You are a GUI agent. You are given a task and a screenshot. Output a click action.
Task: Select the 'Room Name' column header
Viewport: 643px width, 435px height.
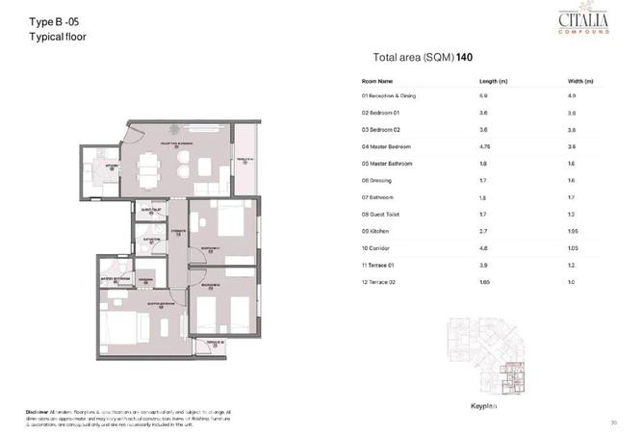tap(377, 81)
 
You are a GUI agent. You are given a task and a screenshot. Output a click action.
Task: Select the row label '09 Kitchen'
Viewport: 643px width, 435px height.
tap(374, 232)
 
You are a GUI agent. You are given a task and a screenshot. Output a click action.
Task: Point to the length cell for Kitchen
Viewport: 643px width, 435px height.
tap(484, 232)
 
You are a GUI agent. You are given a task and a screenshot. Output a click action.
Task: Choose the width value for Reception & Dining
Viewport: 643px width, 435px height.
tap(573, 96)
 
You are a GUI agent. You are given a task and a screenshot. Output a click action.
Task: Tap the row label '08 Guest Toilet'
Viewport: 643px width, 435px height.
tap(381, 214)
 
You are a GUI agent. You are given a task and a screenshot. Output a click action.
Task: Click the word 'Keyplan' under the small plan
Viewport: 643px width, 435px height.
tap(482, 405)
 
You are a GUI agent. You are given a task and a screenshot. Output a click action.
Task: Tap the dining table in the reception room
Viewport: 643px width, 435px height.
tap(148, 169)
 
